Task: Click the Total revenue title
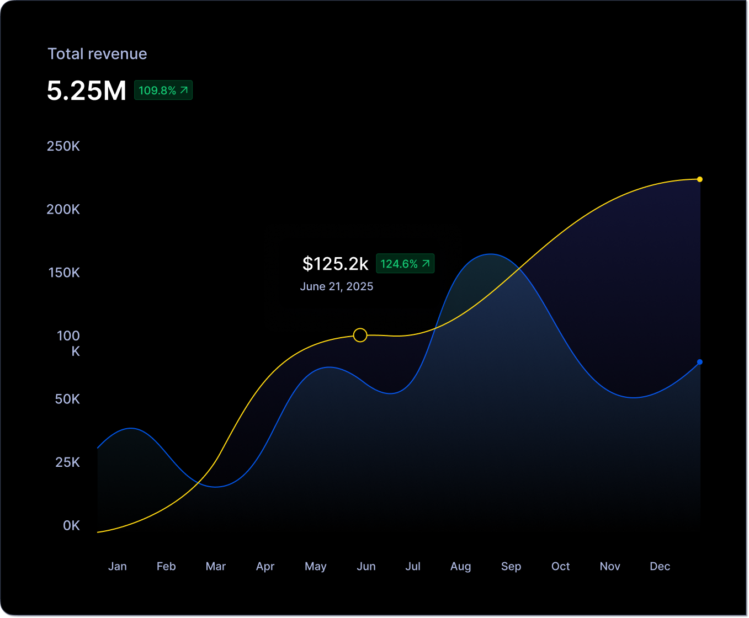pos(97,54)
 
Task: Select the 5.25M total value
pos(87,91)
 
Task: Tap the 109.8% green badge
pos(163,90)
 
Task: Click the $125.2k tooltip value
pos(335,264)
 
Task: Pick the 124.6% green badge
pos(405,264)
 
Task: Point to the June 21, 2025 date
pos(336,286)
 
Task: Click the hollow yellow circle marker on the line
pos(360,335)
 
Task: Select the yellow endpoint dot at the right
pos(699,179)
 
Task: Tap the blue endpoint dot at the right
pos(699,362)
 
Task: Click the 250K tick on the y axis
pos(63,146)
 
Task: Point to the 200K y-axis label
pos(63,210)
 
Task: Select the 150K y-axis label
pos(64,273)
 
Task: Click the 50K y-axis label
pos(67,399)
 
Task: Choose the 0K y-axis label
pos(71,525)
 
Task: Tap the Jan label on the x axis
pos(118,566)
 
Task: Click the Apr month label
pos(265,566)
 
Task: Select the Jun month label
pos(366,566)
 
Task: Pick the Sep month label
pos(511,566)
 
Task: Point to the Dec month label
pos(660,566)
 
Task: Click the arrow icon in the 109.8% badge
pos(184,90)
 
